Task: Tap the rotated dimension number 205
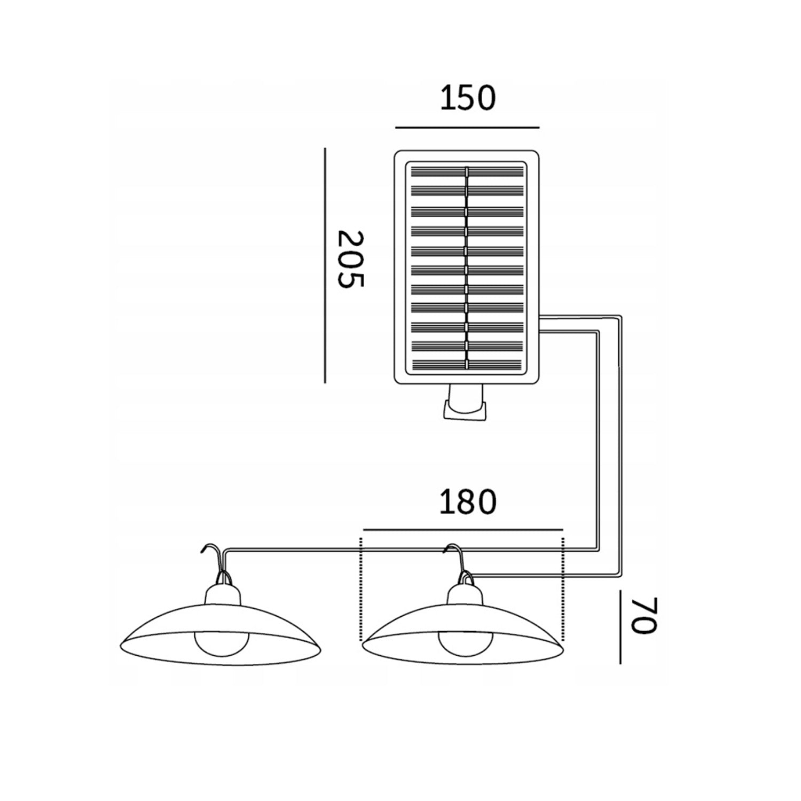(351, 259)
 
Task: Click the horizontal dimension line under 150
(467, 128)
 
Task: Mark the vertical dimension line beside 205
(325, 265)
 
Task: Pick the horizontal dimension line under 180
(462, 530)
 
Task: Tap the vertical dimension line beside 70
(620, 627)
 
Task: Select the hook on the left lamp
(215, 561)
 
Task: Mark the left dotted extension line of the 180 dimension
(362, 587)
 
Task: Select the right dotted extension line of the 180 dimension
(563, 587)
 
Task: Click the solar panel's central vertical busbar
(467, 268)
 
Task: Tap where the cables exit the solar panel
(541, 324)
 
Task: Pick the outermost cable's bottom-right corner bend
(621, 575)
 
